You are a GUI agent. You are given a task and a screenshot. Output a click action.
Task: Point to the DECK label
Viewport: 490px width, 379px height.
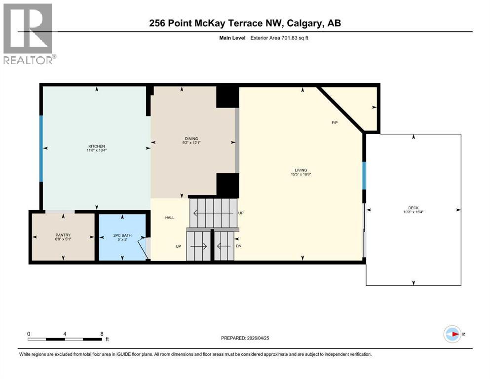click(x=413, y=208)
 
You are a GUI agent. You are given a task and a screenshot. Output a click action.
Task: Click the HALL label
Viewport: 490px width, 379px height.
click(x=169, y=218)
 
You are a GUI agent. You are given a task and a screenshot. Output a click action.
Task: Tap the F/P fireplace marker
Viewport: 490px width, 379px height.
click(x=334, y=122)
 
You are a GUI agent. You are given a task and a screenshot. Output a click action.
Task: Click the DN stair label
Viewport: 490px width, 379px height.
click(x=239, y=245)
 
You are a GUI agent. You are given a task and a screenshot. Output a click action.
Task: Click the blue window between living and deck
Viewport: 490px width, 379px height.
click(x=364, y=176)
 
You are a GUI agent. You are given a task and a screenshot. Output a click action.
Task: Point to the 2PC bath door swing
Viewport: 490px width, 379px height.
click(x=144, y=248)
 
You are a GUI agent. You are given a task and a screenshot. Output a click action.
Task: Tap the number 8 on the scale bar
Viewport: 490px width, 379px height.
click(x=102, y=333)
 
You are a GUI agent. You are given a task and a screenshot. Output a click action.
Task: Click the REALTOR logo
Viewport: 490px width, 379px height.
click(x=28, y=34)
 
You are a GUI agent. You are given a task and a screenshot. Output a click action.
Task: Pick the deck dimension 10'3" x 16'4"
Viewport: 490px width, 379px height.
click(x=413, y=212)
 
